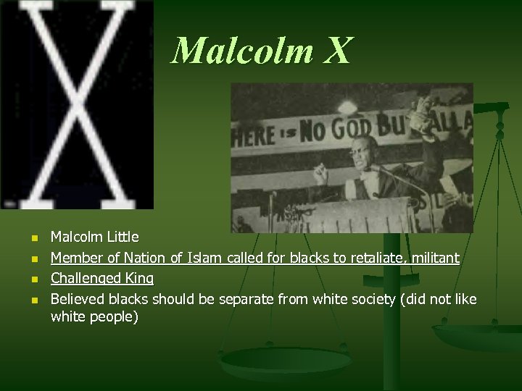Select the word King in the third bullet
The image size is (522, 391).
tap(140, 278)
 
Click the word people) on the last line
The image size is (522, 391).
tap(116, 317)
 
